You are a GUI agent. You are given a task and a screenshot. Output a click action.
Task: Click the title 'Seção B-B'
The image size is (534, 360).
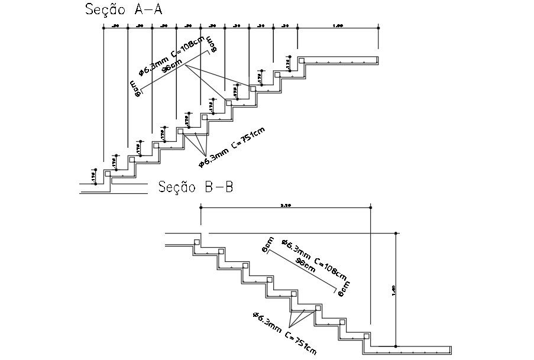(x=196, y=187)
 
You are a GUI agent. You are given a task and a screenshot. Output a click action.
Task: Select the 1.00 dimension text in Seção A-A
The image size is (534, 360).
(x=338, y=25)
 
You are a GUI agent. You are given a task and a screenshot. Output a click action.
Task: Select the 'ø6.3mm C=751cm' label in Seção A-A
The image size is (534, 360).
(x=232, y=146)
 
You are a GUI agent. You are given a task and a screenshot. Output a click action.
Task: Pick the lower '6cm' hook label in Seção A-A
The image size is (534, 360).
(x=135, y=87)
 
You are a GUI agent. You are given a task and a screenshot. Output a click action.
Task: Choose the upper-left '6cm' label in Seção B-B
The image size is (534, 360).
(x=268, y=244)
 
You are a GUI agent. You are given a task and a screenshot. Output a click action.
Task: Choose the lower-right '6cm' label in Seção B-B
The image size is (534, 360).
(x=342, y=289)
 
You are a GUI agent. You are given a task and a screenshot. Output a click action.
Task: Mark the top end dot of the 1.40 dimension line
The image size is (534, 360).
(x=396, y=232)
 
